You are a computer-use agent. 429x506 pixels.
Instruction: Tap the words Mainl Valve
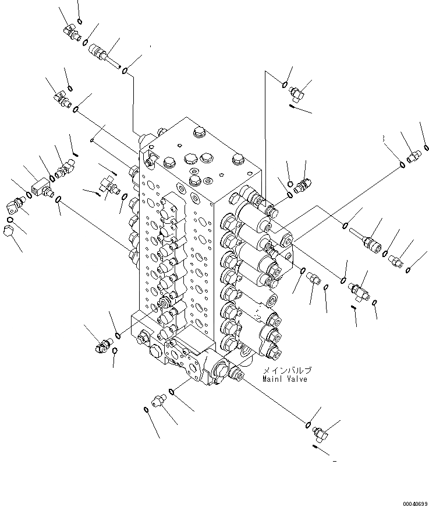pyautogui.click(x=284, y=379)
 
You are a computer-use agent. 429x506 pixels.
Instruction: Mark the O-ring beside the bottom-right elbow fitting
pyautogui.click(x=309, y=425)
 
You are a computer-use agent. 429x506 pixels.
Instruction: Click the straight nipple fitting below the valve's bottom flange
pyautogui.click(x=158, y=400)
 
